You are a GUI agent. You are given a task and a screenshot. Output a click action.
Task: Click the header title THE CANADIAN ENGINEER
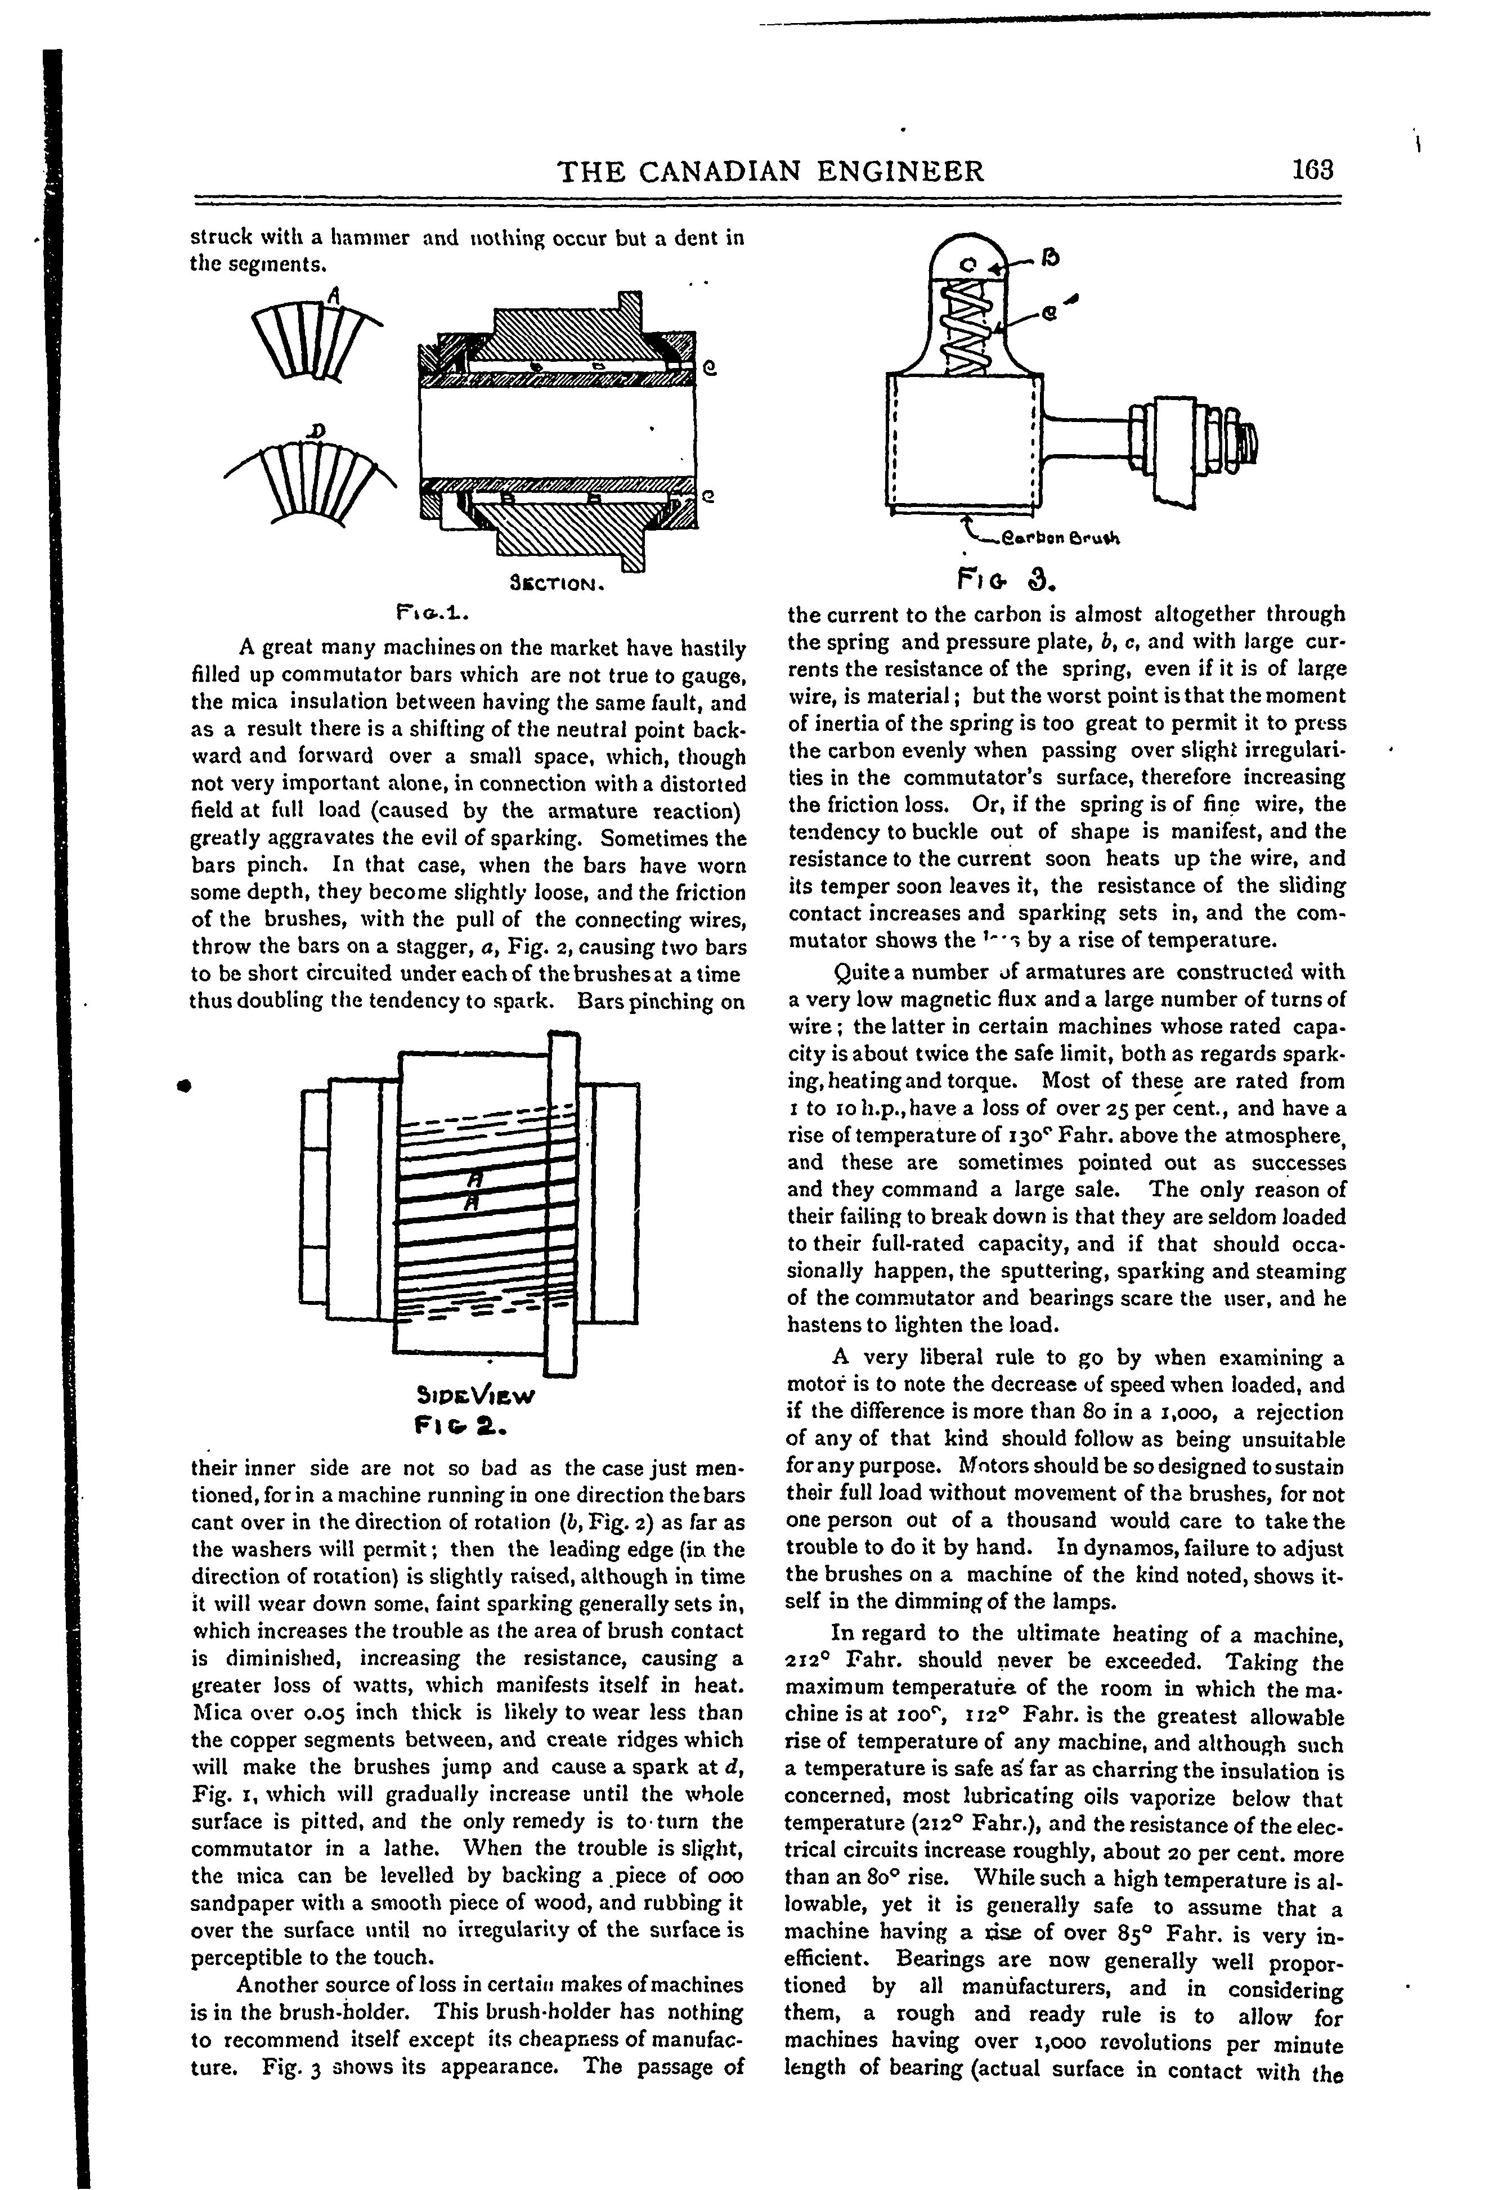pos(772,171)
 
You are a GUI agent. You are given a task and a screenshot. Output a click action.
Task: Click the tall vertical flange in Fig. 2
pos(563,1204)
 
